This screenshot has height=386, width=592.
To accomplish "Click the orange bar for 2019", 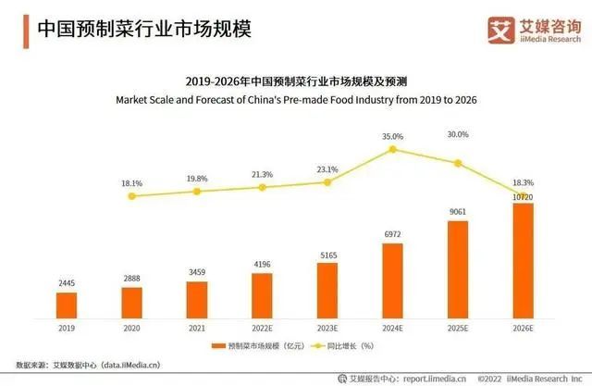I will click(66, 305).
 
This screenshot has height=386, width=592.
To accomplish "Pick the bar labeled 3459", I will click(197, 298).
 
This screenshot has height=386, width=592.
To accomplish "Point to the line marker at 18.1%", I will click(131, 195).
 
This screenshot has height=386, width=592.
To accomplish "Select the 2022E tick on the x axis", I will click(262, 326).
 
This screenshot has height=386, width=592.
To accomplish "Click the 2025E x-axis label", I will click(458, 326).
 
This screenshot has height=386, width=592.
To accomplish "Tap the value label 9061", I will click(458, 210).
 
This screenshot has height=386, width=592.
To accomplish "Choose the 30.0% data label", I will click(458, 134).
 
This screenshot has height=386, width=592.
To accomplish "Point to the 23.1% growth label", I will click(327, 169).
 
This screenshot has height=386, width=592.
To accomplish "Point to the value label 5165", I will click(327, 253).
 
